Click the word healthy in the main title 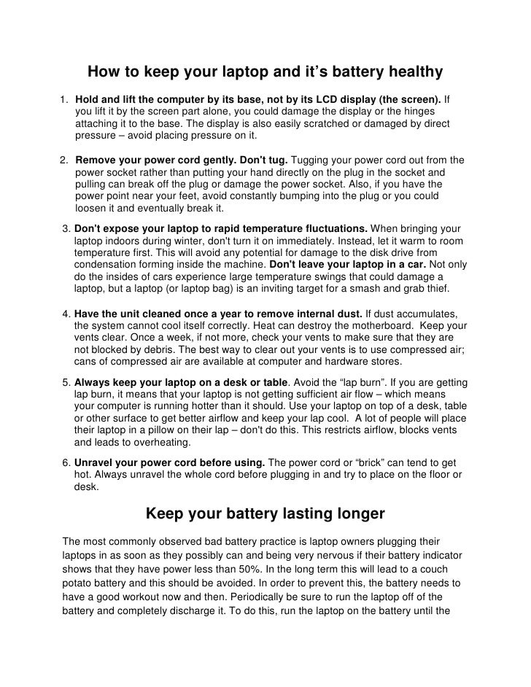[x=406, y=71]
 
